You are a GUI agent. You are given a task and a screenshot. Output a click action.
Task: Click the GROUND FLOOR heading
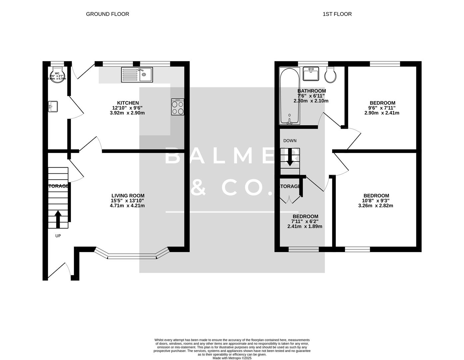point(107,14)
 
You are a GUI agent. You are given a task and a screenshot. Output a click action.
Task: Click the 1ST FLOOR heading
point(337,14)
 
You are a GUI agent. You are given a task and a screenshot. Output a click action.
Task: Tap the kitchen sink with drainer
point(137,75)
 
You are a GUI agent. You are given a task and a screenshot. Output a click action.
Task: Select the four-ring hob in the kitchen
point(178,107)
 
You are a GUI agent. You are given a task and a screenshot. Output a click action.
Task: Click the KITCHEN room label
point(128,103)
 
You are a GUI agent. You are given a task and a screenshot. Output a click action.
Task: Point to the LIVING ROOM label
point(128,196)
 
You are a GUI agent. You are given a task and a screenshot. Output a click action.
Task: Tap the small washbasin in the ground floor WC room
point(53,106)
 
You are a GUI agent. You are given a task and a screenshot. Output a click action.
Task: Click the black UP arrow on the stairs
point(58,219)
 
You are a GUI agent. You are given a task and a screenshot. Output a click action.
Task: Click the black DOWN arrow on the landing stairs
point(290,157)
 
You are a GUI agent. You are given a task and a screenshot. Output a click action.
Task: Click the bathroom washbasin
point(311,74)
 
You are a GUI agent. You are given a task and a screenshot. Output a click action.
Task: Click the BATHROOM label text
point(311,91)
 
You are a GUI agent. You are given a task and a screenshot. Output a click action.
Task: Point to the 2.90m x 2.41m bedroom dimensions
point(382,113)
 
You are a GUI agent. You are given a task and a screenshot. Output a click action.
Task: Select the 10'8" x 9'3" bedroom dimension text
point(376,201)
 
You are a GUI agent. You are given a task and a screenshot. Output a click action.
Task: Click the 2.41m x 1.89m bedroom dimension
point(305,226)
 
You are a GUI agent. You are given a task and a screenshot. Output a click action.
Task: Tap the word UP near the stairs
point(58,236)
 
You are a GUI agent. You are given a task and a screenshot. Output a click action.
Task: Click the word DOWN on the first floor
point(290,141)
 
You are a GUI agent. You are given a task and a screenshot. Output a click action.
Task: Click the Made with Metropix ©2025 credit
point(232,358)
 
